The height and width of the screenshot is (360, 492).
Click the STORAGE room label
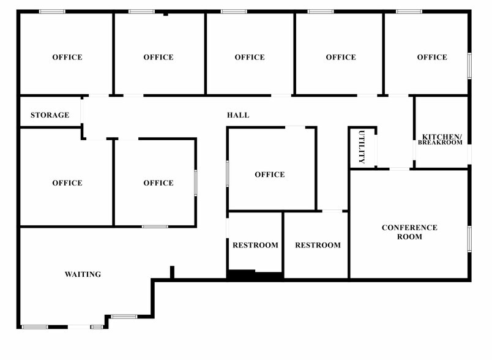[50, 115]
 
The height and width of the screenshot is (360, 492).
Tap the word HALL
[238, 115]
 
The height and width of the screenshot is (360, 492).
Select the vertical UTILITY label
[362, 147]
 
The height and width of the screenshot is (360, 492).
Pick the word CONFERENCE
[409, 228]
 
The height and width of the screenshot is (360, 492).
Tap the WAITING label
[83, 274]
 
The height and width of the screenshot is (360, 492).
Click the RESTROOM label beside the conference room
[318, 246]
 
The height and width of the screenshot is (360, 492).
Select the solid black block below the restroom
[241, 276]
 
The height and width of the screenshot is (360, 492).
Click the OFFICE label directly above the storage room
[67, 58]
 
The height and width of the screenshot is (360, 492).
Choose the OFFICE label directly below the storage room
[67, 183]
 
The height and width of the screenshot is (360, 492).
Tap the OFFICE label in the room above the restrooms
[270, 174]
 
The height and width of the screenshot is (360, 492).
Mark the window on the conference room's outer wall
[469, 239]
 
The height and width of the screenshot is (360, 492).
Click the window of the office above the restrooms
[227, 173]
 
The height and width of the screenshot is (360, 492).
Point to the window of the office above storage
[52, 11]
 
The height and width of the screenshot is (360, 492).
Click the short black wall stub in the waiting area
[173, 272]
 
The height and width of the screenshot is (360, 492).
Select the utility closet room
[362, 147]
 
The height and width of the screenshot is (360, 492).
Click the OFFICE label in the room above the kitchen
[432, 58]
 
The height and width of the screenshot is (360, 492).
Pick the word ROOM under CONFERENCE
[409, 236]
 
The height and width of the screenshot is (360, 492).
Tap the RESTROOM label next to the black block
[255, 246]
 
